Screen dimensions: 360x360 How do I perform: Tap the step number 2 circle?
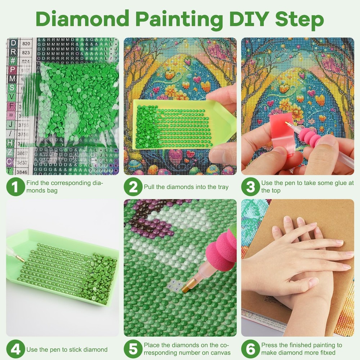[133, 187]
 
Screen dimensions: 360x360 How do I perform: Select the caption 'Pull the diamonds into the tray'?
[186, 187]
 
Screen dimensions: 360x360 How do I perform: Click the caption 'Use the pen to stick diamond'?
[67, 350]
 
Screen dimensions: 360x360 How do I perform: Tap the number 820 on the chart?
[26, 44]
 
